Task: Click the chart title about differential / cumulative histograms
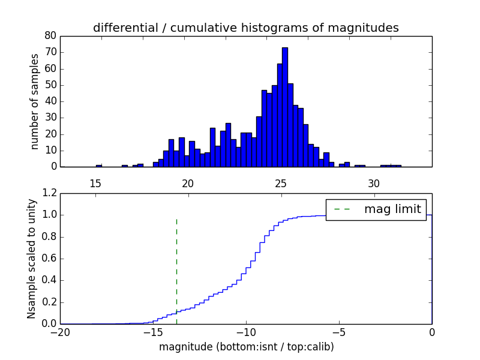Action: point(245,28)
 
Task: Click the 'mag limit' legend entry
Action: point(376,209)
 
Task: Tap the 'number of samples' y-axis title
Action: point(35,101)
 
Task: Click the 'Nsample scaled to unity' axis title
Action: point(32,259)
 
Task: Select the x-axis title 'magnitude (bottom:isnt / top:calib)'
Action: point(246,347)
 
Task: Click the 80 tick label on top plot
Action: point(50,36)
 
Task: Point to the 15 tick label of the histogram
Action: point(95,184)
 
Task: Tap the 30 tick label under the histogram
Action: point(373,184)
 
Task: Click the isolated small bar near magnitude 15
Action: point(99,165)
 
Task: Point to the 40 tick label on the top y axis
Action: point(50,101)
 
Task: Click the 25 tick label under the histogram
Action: point(281,184)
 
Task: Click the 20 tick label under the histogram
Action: point(188,184)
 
